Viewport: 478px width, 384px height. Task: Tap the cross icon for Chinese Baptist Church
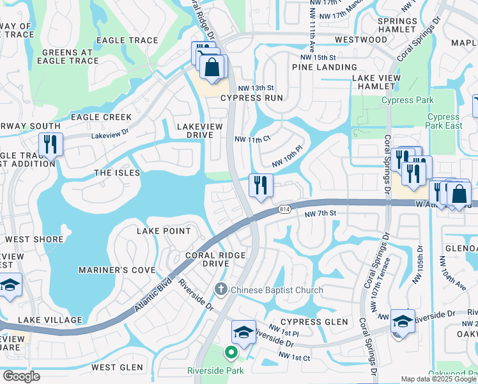pyautogui.click(x=221, y=289)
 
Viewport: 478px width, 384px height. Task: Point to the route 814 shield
pyautogui.click(x=285, y=209)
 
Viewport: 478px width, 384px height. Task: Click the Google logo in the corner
pyautogui.click(x=21, y=376)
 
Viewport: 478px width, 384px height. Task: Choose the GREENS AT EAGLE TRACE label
pyautogui.click(x=70, y=57)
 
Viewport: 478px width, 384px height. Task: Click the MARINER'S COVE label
pyautogui.click(x=117, y=270)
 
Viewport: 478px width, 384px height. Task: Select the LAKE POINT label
pyautogui.click(x=164, y=231)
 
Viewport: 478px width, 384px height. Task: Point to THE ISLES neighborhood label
pyautogui.click(x=116, y=173)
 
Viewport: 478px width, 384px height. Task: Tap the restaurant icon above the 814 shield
pyautogui.click(x=261, y=186)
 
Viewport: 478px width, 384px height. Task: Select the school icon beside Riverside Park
pyautogui.click(x=243, y=332)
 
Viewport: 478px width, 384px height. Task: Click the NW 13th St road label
pyautogui.click(x=255, y=88)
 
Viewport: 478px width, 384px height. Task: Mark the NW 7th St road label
pyautogui.click(x=320, y=214)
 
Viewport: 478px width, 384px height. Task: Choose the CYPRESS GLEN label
pyautogui.click(x=314, y=322)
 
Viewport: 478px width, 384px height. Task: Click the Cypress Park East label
pyautogui.click(x=443, y=121)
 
